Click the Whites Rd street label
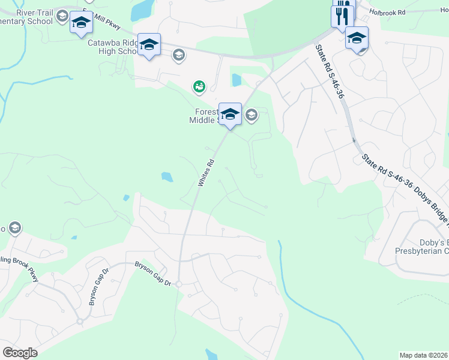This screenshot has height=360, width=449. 206,172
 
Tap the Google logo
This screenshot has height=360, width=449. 20,353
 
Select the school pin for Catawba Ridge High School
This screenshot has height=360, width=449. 149,45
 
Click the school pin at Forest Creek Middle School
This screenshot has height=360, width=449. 230,114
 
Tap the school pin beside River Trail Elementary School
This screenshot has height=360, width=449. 80,23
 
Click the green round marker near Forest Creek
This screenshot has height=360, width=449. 199,88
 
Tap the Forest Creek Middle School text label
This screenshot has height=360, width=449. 205,115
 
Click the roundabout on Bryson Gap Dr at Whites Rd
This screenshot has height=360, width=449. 178,283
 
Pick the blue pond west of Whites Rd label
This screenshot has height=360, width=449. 167,177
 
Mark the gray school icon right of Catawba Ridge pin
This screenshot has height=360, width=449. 178,56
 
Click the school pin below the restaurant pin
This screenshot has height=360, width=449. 357,39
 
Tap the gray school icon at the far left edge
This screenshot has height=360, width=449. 14,228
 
